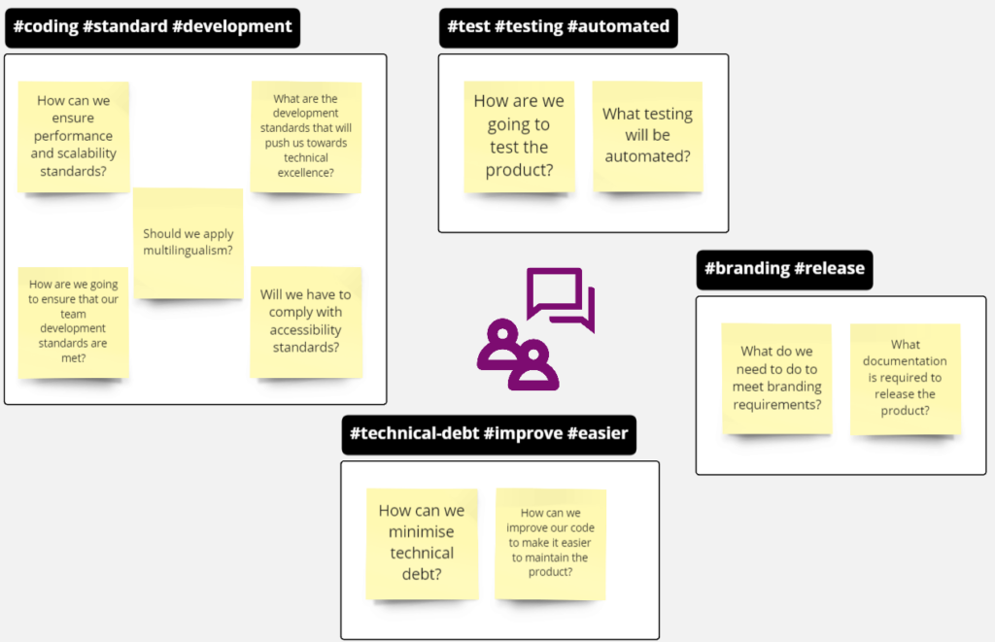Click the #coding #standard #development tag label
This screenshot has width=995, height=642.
(153, 28)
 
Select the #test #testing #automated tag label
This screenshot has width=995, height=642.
(559, 28)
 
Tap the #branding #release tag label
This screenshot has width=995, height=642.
(784, 270)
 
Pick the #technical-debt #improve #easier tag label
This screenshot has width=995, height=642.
(489, 434)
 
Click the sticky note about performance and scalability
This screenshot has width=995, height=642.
(74, 136)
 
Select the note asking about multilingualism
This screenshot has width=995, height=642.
(188, 243)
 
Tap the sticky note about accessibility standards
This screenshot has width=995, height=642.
(306, 322)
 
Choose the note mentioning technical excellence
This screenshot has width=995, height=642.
(306, 136)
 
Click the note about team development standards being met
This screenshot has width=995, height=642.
(73, 322)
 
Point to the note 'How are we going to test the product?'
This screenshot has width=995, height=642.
(519, 136)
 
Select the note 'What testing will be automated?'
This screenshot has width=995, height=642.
(647, 136)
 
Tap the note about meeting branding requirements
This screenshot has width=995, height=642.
(776, 379)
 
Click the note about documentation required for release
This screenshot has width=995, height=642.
(906, 379)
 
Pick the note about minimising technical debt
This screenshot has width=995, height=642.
(422, 544)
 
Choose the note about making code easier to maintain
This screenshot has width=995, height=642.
(551, 544)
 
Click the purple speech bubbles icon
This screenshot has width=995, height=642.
(561, 298)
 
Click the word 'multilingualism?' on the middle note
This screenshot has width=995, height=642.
(188, 251)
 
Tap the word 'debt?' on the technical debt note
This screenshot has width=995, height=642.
(422, 574)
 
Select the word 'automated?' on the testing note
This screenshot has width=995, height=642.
(647, 156)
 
